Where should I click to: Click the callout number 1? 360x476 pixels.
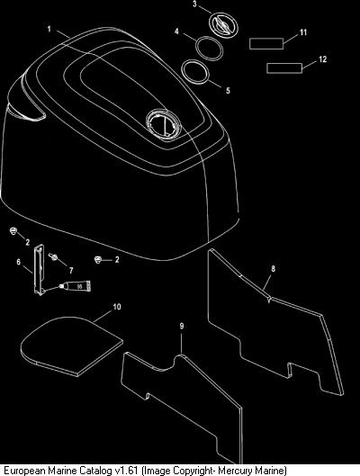[49, 30]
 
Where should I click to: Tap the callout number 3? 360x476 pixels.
[194, 4]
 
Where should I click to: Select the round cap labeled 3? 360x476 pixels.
[223, 24]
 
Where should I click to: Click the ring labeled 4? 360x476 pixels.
[210, 49]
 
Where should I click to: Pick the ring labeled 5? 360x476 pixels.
[195, 72]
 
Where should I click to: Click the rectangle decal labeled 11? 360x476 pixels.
[266, 43]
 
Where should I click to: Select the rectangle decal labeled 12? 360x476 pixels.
[284, 68]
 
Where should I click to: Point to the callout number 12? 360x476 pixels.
[322, 58]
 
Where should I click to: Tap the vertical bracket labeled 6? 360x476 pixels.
[39, 270]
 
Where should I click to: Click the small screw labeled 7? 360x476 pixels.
[53, 256]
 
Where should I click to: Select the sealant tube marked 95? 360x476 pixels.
[75, 286]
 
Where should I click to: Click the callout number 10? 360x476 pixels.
[117, 307]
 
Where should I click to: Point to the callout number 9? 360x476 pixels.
[182, 326]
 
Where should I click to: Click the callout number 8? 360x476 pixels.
[273, 269]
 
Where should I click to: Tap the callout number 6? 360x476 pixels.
[19, 262]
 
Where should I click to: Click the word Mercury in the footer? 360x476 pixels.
[234, 471]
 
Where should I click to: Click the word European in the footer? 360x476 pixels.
[25, 471]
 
